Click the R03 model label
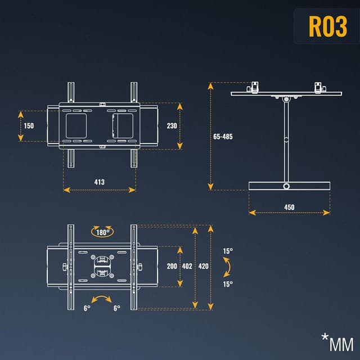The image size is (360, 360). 328,26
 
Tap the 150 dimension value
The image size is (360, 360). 29,125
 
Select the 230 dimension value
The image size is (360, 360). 172,126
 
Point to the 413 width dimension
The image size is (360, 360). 99,182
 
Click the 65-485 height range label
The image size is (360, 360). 223,137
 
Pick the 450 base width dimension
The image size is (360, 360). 289,207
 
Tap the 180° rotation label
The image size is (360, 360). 102,232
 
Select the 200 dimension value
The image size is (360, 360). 172,266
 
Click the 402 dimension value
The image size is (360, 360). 187,266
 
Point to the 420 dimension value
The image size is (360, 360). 203,266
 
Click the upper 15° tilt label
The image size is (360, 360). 227,251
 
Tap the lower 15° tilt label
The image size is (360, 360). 227,284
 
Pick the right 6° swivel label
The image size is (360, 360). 117,308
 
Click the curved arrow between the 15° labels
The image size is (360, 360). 226,267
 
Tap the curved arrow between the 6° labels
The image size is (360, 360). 101,300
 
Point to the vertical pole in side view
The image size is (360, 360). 287,141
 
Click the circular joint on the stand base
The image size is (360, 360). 287,186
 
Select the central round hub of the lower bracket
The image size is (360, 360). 102,266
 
